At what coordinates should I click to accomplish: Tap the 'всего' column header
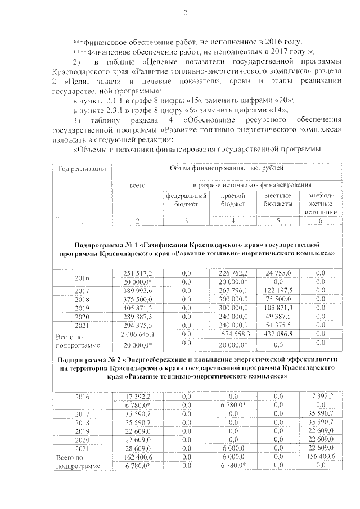pyautogui.click(x=137, y=184)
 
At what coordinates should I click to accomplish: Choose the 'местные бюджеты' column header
pyautogui.click(x=278, y=199)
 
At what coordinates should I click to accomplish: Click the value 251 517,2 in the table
pyautogui.click(x=137, y=273)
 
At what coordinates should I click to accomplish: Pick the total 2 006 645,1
pyautogui.click(x=137, y=334)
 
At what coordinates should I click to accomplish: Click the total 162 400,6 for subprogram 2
pyautogui.click(x=137, y=457)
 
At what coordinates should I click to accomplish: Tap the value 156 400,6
pyautogui.click(x=321, y=457)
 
